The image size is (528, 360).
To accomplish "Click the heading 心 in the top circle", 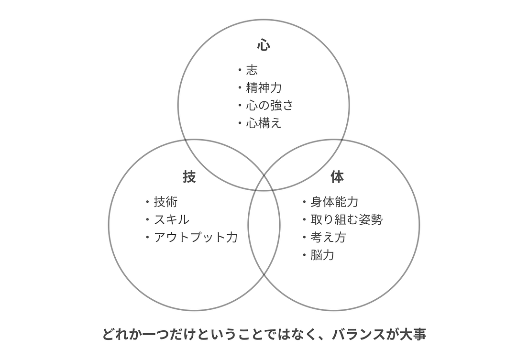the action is (x=264, y=45).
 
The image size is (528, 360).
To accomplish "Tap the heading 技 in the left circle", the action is (x=189, y=176).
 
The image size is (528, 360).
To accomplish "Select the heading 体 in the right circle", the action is (x=337, y=176).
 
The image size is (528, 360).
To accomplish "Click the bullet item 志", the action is (x=252, y=70).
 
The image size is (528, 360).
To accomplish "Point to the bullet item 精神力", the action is (x=264, y=88).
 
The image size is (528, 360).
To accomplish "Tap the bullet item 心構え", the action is (x=264, y=123).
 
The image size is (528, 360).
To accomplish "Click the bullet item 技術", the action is (x=165, y=202).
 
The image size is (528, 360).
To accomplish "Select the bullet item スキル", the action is (x=171, y=220).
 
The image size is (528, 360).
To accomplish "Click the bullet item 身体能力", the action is (x=334, y=202).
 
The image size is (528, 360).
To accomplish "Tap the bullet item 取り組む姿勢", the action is (x=346, y=220).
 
